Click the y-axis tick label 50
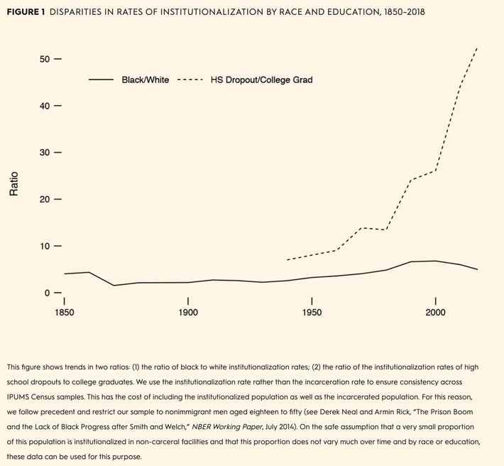click(x=45, y=59)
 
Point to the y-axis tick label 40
click(x=45, y=106)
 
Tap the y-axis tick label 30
click(x=45, y=153)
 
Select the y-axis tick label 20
click(x=45, y=200)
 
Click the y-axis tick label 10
click(x=45, y=246)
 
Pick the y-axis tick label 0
click(x=48, y=293)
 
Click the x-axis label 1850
click(x=64, y=313)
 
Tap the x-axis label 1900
click(x=187, y=313)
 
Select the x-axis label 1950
click(x=312, y=313)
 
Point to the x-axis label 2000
click(x=435, y=313)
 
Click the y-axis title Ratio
click(x=13, y=184)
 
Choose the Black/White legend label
click(x=145, y=80)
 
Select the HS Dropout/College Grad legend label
click(x=261, y=80)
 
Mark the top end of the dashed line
click(x=477, y=48)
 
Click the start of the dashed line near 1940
click(x=287, y=260)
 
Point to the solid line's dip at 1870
click(x=114, y=286)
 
